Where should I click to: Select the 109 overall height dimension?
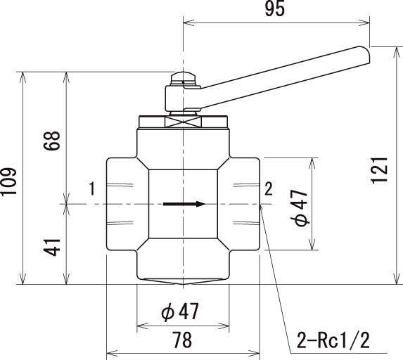coord(9,182)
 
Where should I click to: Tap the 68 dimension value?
coord(52,141)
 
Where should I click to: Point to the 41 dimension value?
coord(52,247)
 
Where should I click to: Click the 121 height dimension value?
coord(380,170)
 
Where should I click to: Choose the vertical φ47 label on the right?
coord(300,207)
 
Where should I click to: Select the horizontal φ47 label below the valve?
coord(180,311)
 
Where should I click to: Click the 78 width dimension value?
coord(182,340)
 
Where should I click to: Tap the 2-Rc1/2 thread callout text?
coord(333,340)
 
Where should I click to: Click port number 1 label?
coord(92,188)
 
